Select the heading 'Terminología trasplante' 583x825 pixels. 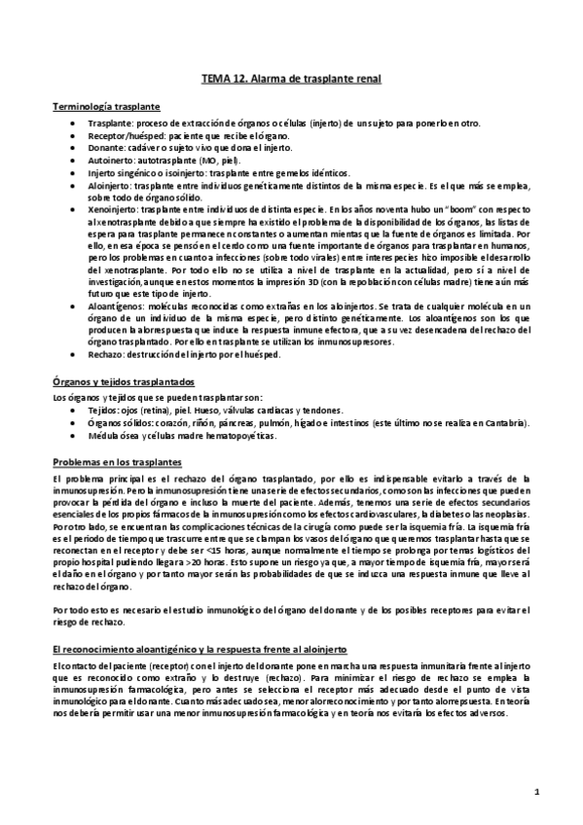(x=106, y=106)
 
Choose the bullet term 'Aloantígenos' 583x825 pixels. (x=116, y=305)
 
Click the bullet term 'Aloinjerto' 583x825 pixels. (x=110, y=183)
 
